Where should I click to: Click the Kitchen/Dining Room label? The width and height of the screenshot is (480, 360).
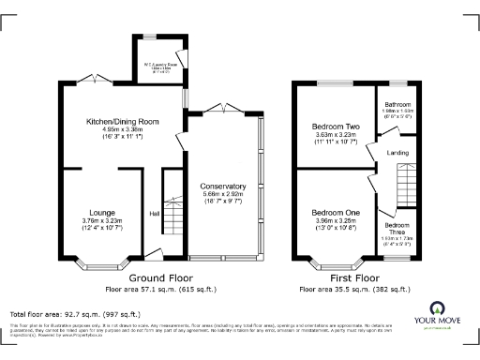pos(122,121)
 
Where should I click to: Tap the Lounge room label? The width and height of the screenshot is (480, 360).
pos(102,212)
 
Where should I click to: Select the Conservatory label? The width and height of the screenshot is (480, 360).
pos(223,186)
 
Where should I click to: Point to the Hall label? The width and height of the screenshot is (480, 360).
pos(154,214)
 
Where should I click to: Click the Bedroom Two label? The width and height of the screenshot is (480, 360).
pos(335,126)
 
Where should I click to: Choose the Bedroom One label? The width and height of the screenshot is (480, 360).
pos(335,213)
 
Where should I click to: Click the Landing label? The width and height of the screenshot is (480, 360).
pos(397,154)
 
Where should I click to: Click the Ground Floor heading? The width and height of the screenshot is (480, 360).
pos(160,278)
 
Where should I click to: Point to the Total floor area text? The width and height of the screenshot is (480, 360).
pos(74,314)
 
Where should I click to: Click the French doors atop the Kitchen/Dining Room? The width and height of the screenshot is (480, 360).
pos(94,79)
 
